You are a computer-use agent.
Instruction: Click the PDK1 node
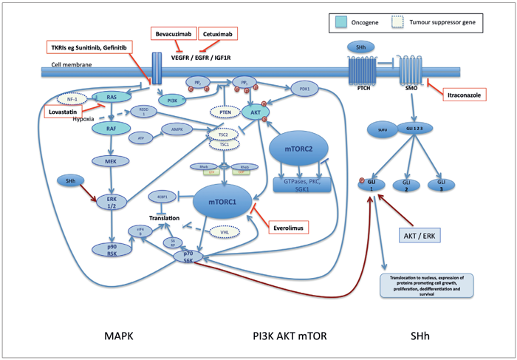pyautogui.click(x=305, y=87)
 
